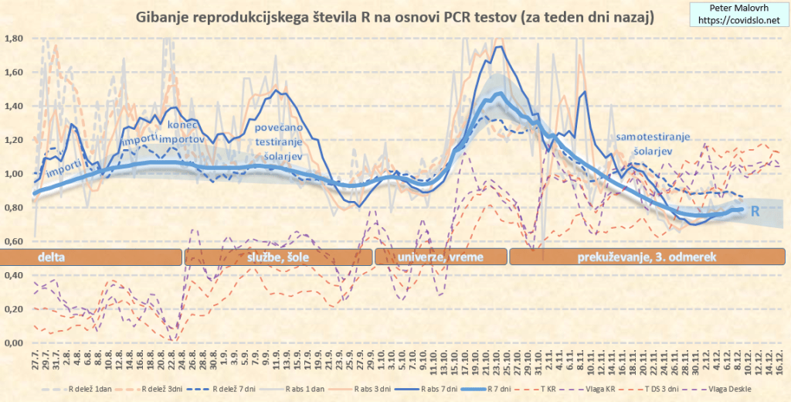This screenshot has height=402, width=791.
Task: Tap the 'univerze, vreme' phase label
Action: pyautogui.click(x=438, y=257)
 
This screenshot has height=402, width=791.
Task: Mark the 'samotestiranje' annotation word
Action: pyautogui.click(x=653, y=137)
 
